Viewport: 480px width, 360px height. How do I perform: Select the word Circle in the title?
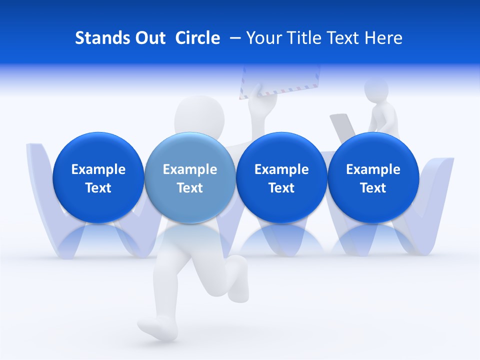pos(197,38)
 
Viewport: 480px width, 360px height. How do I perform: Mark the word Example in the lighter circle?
pos(190,169)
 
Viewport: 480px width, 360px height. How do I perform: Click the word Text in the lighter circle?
pos(190,188)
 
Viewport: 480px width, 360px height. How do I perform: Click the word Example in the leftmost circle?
pos(98,169)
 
